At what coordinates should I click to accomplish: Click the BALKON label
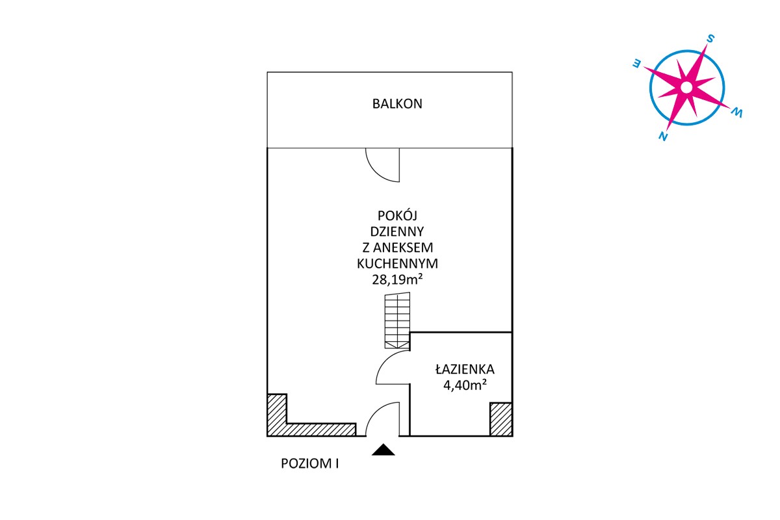pyautogui.click(x=397, y=104)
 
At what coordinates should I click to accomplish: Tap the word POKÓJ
pyautogui.click(x=397, y=216)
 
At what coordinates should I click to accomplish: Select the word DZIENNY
pyautogui.click(x=397, y=231)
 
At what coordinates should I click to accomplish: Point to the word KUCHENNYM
pyautogui.click(x=397, y=264)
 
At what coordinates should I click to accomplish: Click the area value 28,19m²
pyautogui.click(x=397, y=279)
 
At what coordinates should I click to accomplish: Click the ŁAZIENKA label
pyautogui.click(x=465, y=369)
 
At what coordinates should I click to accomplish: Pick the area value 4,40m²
pyautogui.click(x=465, y=385)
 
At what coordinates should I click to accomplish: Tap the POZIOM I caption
pyautogui.click(x=309, y=463)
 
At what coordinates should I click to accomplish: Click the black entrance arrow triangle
pyautogui.click(x=383, y=450)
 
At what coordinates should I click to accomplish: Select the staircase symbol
pyautogui.click(x=397, y=320)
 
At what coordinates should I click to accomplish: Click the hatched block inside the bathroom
pyautogui.click(x=500, y=419)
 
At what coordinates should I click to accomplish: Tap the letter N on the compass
pyautogui.click(x=663, y=136)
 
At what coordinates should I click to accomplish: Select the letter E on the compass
pyautogui.click(x=636, y=64)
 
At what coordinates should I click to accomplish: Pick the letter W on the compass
pyautogui.click(x=737, y=112)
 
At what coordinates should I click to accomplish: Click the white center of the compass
pyautogui.click(x=686, y=87)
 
